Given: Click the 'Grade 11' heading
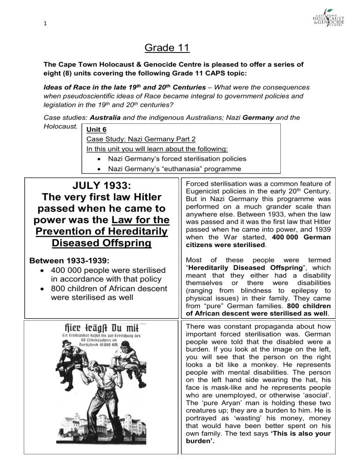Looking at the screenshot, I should click(180, 48).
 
